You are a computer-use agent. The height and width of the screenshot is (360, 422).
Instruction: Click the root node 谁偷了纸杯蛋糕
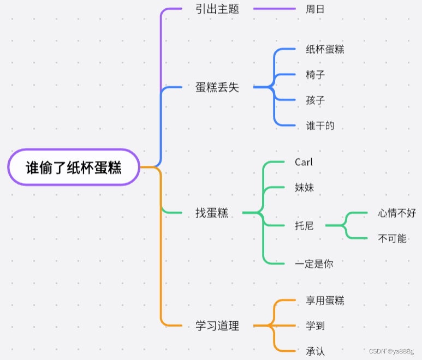(x=74, y=167)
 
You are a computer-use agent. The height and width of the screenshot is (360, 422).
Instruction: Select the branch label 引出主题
(x=217, y=9)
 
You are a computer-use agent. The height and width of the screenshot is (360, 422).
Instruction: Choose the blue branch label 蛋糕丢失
(x=217, y=87)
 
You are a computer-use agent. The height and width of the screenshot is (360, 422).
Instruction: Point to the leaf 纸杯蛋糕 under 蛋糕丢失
(x=325, y=49)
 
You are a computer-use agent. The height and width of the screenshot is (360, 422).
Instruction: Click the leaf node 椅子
(x=316, y=74)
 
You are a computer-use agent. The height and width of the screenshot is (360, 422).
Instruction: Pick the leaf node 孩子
(x=316, y=100)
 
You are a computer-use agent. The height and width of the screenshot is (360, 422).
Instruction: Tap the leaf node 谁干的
(x=320, y=126)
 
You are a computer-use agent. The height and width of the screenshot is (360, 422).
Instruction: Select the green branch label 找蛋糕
(x=212, y=213)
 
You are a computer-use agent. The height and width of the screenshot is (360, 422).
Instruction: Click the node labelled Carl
(x=304, y=162)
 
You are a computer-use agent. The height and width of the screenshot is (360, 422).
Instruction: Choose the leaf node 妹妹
(x=304, y=188)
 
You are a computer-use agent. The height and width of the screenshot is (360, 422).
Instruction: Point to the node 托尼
(x=304, y=226)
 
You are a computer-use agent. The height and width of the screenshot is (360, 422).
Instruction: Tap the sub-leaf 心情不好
(x=397, y=213)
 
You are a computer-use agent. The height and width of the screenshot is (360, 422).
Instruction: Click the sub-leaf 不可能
(x=392, y=238)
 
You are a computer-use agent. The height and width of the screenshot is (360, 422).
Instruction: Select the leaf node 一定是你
(x=313, y=264)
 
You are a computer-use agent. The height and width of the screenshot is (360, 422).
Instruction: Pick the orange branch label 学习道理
(x=217, y=326)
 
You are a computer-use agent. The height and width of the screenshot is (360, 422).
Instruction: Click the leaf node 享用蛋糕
(x=325, y=301)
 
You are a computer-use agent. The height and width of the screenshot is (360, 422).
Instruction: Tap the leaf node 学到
(x=316, y=326)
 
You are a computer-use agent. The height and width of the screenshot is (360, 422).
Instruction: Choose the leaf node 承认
(x=316, y=351)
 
